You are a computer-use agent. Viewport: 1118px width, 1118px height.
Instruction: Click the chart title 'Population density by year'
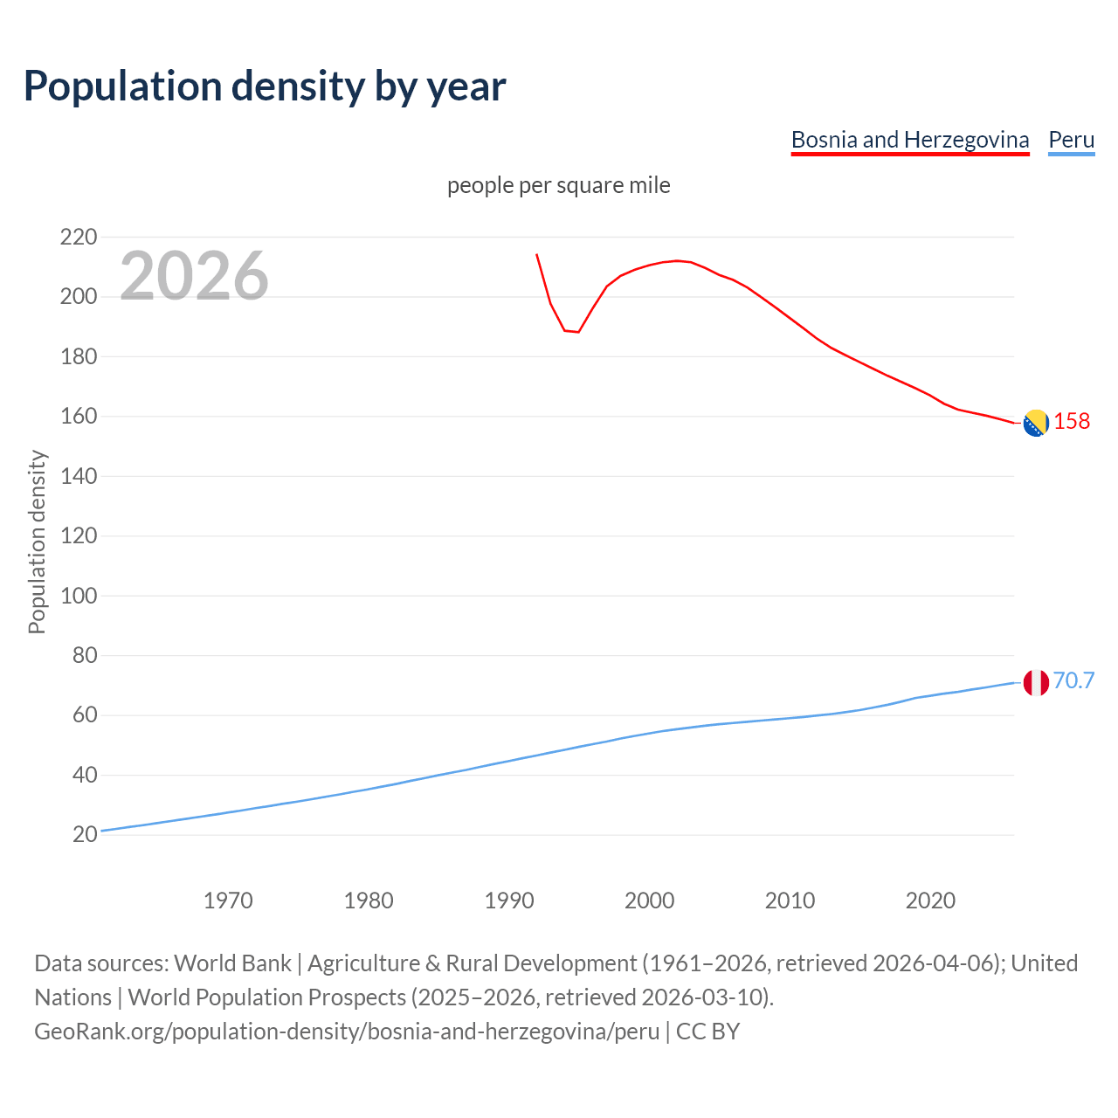265,86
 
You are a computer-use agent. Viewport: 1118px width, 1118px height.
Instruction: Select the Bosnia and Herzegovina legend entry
909,140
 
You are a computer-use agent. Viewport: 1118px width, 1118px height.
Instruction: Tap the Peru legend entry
1071,140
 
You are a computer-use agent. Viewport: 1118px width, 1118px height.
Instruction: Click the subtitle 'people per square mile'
558,185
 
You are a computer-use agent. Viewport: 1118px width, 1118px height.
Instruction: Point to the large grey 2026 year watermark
194,275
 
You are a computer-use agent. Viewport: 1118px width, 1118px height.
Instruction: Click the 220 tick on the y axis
78,237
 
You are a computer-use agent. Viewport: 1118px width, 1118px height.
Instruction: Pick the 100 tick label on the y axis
78,596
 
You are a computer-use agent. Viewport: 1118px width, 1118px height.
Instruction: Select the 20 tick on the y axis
84,834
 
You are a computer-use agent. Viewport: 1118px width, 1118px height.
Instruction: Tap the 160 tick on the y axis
78,417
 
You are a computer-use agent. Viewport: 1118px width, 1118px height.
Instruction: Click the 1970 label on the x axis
228,901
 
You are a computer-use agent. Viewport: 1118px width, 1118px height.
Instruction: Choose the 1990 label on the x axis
509,901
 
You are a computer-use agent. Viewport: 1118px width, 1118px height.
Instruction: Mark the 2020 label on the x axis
930,901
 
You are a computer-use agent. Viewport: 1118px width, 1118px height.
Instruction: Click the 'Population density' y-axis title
37,542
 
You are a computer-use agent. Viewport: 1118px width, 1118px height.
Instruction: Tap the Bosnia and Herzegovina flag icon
1035,423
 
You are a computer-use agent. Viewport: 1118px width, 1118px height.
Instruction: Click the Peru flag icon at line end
1035,682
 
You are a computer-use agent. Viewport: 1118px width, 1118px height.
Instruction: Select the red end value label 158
1072,421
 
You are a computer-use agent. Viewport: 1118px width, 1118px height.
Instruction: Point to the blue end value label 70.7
1073,680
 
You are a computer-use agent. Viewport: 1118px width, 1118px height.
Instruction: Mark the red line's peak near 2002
677,260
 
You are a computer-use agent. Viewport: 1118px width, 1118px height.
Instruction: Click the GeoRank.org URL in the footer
347,1032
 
